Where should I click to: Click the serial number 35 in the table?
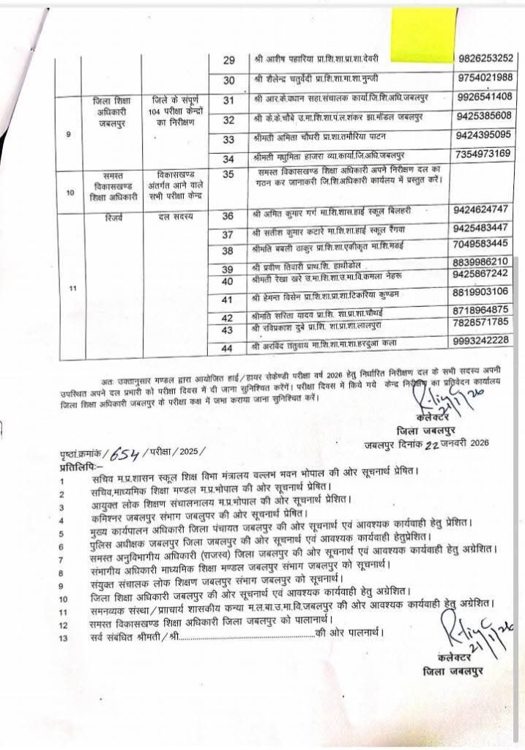(x=228, y=174)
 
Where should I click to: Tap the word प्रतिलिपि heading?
(x=79, y=465)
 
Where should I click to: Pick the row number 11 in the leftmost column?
(x=71, y=289)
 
